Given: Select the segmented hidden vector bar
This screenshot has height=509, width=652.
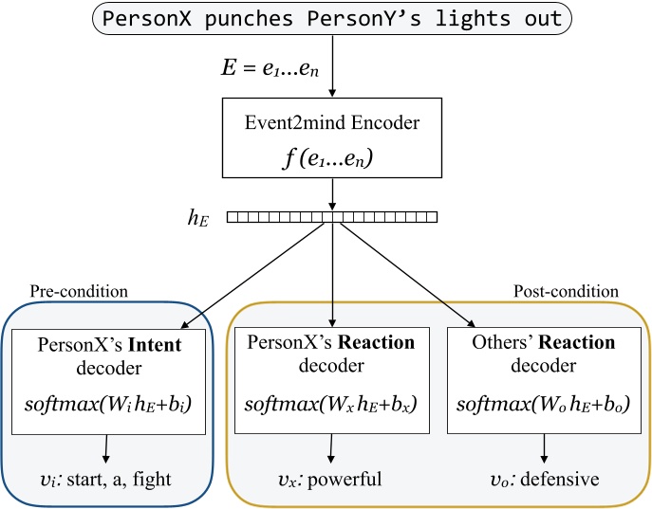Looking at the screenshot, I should point(332,217).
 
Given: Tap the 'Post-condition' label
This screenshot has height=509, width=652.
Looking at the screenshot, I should point(566,291).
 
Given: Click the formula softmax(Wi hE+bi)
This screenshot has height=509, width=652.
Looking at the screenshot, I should point(109,406).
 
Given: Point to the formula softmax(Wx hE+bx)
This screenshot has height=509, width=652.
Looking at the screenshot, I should point(330,406).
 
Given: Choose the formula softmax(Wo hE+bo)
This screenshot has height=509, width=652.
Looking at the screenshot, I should point(543,406).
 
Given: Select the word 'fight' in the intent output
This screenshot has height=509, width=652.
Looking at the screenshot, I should point(152,480).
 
